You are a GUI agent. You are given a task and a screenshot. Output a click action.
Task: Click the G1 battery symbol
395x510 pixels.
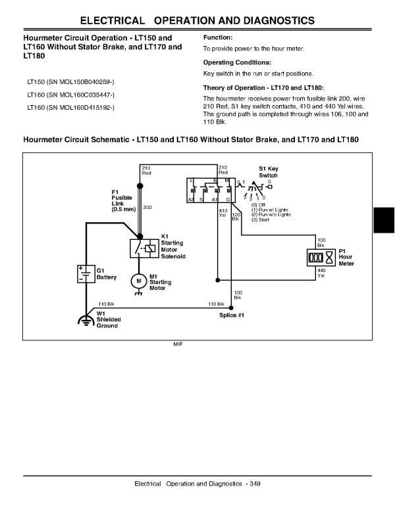point(86,274)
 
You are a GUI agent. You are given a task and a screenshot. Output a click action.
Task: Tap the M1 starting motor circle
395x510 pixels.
point(139,281)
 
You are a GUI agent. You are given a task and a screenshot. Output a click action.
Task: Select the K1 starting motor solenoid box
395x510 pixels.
point(144,249)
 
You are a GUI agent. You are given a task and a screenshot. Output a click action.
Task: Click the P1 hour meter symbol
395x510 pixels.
point(321,258)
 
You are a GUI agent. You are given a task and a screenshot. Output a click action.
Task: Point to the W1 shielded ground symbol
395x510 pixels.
point(86,321)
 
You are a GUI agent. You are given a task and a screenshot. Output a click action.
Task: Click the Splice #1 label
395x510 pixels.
point(231,315)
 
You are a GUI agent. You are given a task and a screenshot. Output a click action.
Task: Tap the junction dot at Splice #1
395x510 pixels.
point(231,308)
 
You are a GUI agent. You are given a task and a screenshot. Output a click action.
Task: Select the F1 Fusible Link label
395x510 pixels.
point(124,200)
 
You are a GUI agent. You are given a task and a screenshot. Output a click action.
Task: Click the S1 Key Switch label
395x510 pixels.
point(269,172)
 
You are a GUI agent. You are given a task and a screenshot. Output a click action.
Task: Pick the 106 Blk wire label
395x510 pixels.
point(321,243)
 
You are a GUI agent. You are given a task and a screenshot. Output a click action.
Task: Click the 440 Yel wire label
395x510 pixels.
point(321,273)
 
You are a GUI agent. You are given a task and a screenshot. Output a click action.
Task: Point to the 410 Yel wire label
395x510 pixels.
point(223,213)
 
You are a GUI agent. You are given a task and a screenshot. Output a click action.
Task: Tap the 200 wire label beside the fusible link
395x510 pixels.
point(147,207)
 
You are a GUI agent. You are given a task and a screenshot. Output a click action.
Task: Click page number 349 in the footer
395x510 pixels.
point(255,484)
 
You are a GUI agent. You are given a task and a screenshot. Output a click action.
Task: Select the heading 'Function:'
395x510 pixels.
point(218,37)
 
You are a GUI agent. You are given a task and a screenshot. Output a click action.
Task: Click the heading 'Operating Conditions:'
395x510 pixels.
point(237,62)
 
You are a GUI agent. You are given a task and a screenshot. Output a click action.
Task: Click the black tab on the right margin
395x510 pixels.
point(384,220)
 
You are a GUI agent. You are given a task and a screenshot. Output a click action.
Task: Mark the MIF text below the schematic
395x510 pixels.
point(178,344)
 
